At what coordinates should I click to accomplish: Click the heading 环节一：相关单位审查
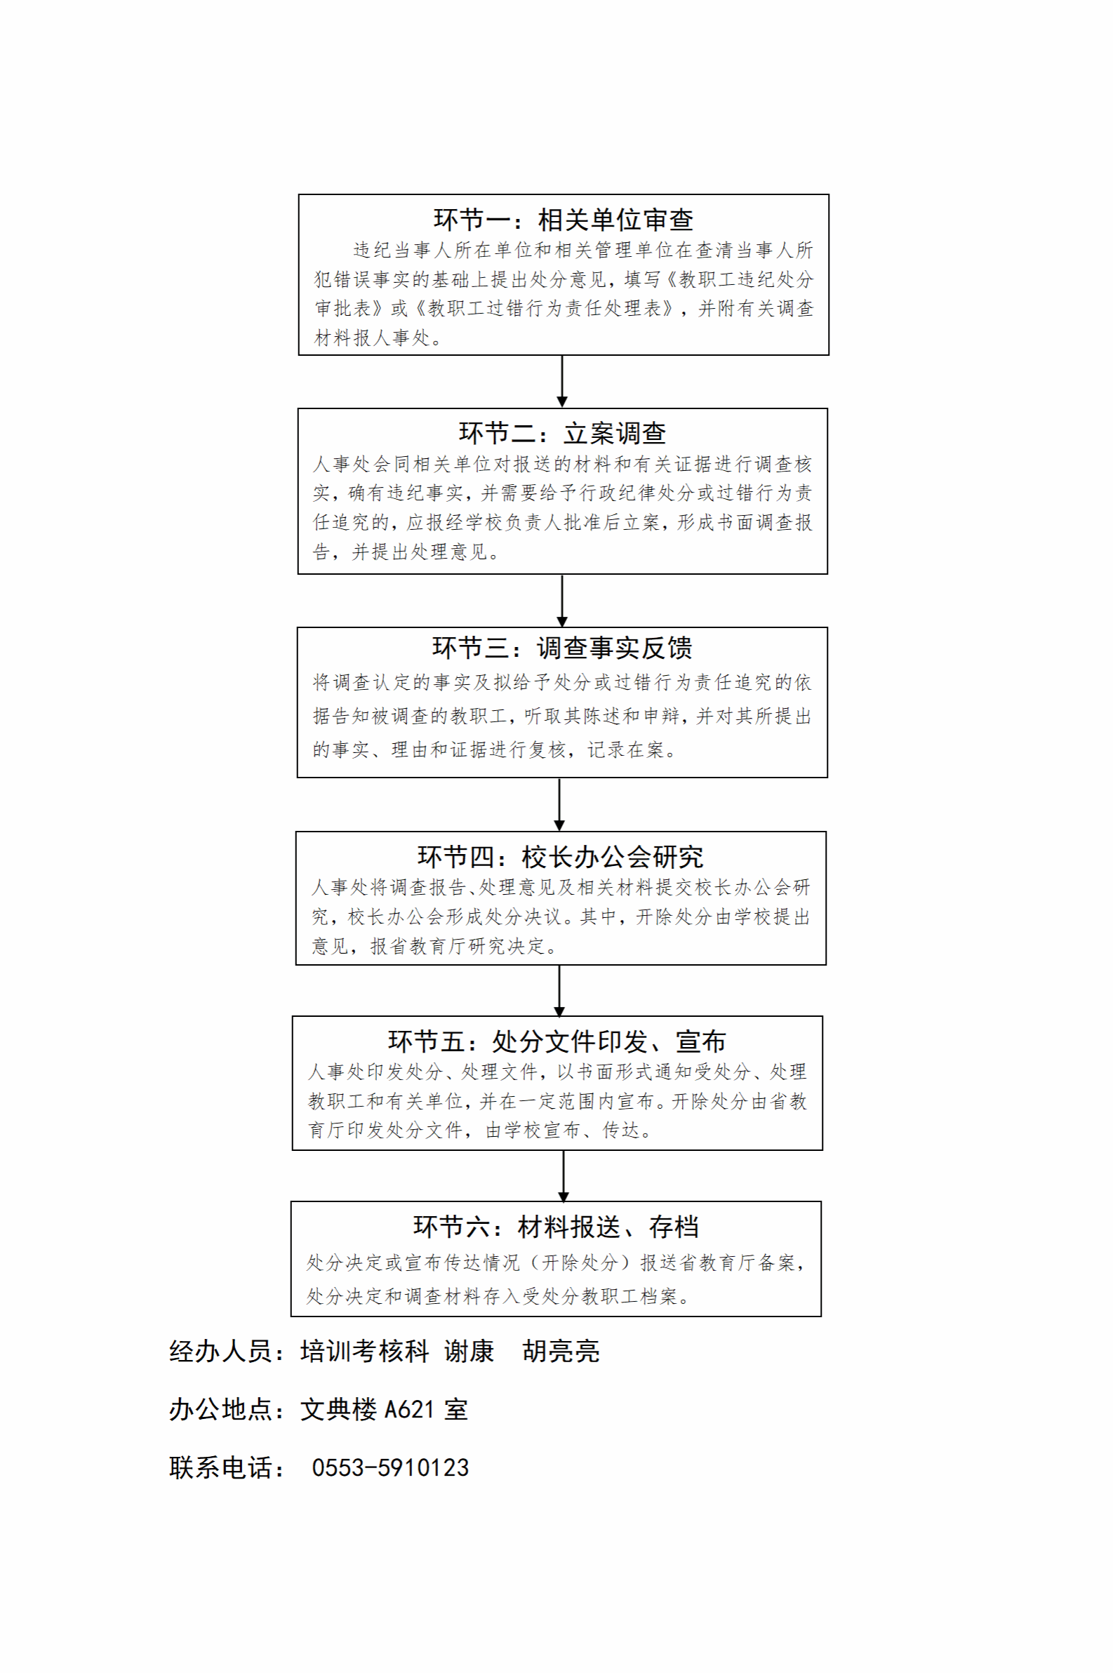point(564,220)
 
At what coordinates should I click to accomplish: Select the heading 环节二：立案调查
point(562,433)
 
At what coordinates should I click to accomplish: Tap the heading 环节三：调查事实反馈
point(562,647)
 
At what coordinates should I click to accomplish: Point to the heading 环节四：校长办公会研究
point(560,857)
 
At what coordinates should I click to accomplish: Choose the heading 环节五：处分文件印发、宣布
point(557,1041)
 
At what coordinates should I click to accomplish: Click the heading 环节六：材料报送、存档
point(556,1227)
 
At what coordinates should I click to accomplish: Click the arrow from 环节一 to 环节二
point(562,381)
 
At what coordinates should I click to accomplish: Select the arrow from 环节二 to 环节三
point(562,601)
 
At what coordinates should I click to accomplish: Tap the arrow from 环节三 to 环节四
point(559,804)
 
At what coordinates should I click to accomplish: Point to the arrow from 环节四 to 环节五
point(559,991)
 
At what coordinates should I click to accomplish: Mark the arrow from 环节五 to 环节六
point(564,1176)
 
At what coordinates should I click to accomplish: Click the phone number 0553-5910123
point(390,1468)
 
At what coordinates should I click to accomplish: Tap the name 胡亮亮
point(561,1352)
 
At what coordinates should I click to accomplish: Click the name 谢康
point(469,1352)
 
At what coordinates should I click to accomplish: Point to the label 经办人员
point(221,1352)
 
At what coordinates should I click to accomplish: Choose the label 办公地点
point(221,1410)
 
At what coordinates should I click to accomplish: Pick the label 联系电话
point(221,1468)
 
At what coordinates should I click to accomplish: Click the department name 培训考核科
point(365,1352)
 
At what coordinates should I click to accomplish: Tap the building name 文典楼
point(338,1410)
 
